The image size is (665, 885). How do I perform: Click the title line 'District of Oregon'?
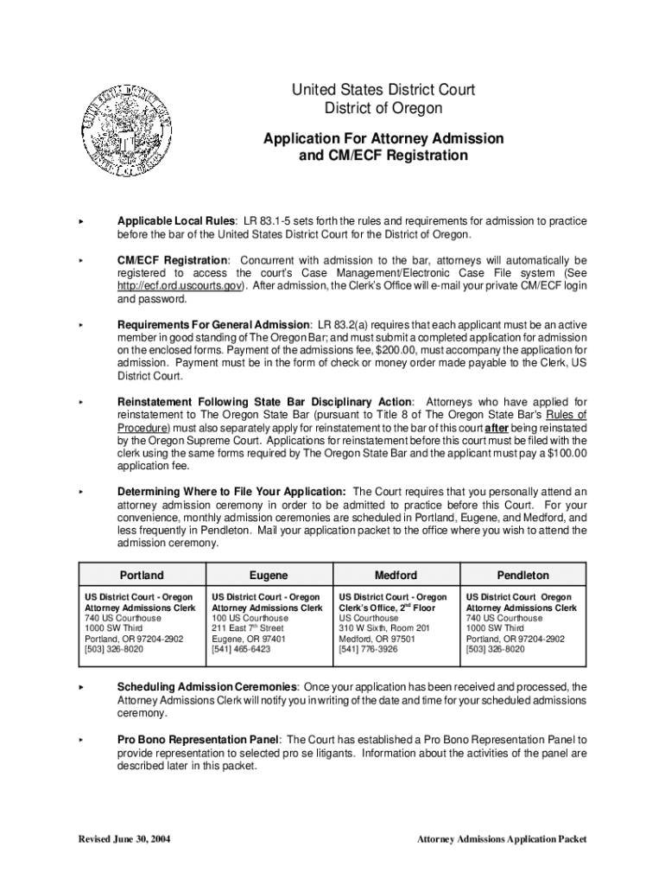383,108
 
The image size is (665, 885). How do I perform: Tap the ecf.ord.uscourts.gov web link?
180,285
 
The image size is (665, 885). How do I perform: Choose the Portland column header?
142,575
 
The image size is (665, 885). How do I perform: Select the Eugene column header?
269,575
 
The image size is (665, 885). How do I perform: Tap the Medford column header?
396,575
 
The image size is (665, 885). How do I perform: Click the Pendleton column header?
522,575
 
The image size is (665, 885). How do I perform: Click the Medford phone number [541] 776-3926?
368,649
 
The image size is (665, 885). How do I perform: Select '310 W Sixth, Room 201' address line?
383,628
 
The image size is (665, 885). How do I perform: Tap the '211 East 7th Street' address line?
247,628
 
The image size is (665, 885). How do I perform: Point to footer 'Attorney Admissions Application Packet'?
502,838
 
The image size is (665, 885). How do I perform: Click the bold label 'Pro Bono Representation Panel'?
199,740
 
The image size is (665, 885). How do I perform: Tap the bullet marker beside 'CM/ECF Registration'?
80,260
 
